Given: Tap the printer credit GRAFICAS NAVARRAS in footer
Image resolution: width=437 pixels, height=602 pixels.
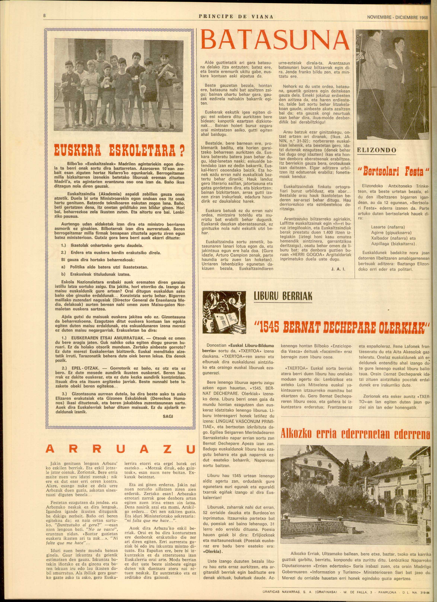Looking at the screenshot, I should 274,597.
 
